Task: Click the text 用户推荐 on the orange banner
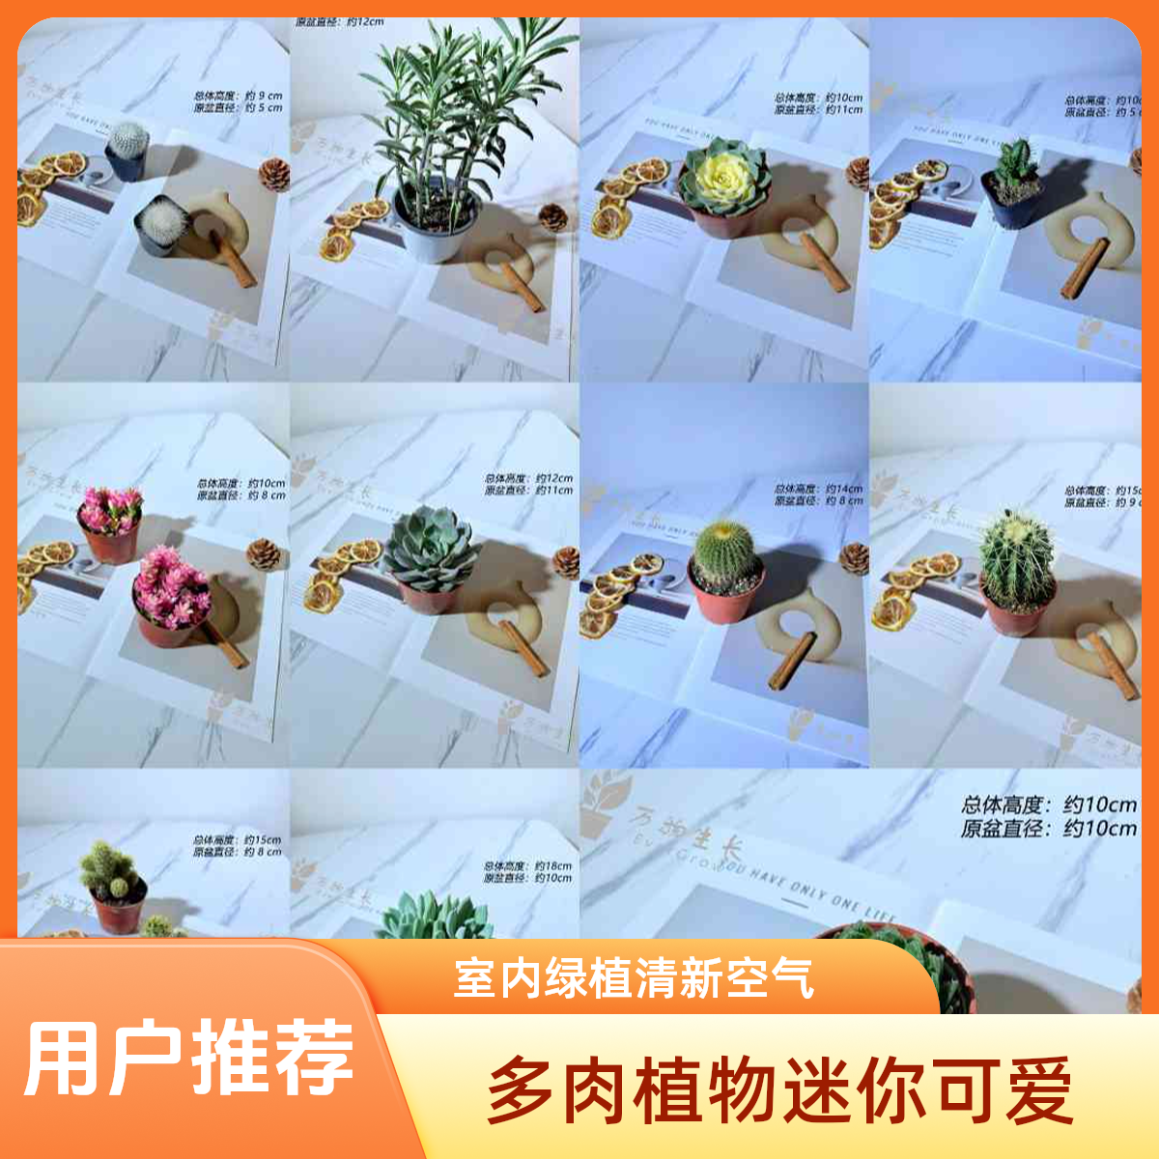click(188, 1057)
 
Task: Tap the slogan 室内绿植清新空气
click(634, 979)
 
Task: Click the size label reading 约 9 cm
click(264, 97)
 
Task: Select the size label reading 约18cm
click(553, 866)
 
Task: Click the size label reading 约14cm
click(843, 490)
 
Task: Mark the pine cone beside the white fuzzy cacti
click(274, 174)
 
